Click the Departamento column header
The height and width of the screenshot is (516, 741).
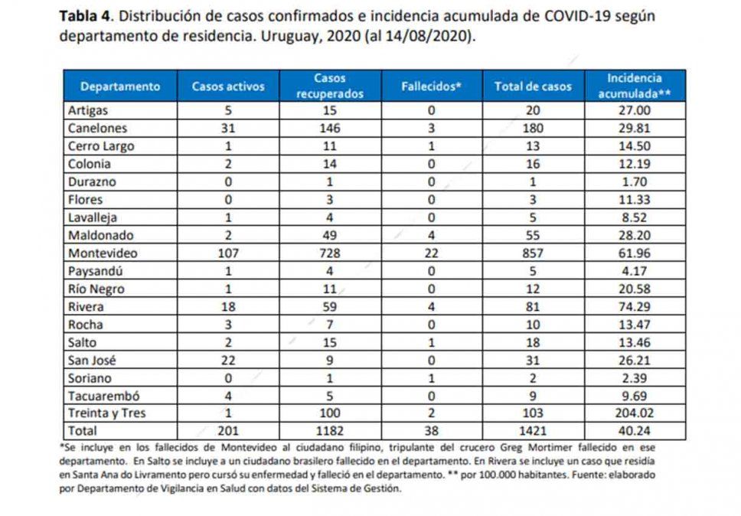(120, 86)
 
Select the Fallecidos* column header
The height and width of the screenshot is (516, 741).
(431, 86)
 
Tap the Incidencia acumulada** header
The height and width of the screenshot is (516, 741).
(635, 86)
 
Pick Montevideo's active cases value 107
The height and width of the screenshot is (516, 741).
(228, 253)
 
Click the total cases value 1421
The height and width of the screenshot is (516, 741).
(533, 432)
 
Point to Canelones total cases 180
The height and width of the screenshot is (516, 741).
(533, 128)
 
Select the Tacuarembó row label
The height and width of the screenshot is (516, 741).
(100, 397)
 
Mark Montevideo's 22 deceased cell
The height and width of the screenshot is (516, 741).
(431, 253)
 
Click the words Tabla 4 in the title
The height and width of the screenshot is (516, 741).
(86, 16)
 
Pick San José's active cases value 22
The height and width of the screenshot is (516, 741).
(228, 361)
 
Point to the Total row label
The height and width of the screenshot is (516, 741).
(83, 432)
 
